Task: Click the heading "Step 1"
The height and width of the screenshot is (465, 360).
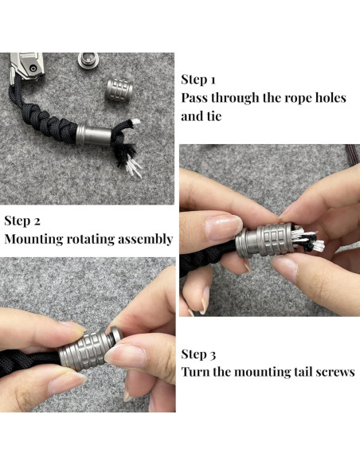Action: (x=198, y=79)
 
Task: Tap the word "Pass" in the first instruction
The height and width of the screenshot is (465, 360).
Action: (x=196, y=98)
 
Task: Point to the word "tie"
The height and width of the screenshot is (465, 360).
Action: (x=213, y=116)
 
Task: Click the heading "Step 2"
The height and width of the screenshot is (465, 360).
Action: (x=22, y=221)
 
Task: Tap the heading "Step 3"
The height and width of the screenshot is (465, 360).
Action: (x=199, y=354)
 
